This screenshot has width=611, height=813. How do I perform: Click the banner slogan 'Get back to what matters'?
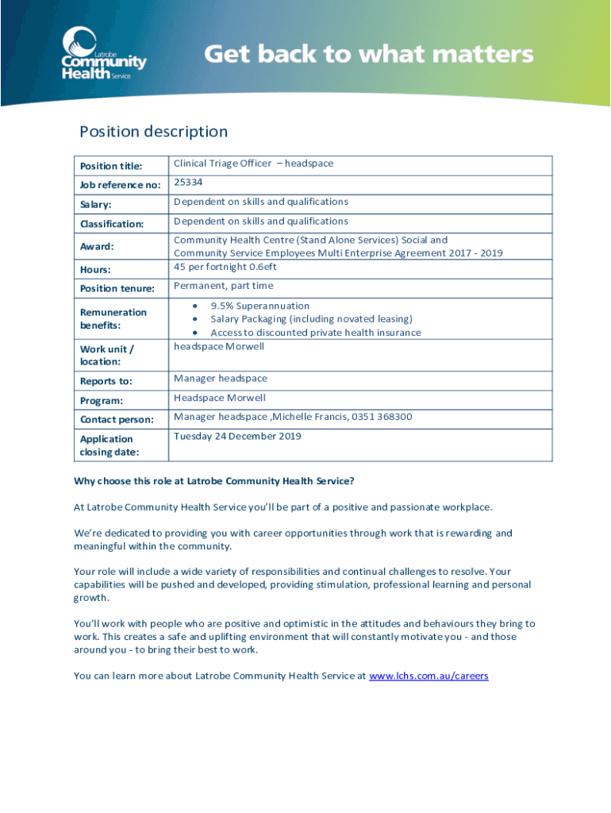point(369,56)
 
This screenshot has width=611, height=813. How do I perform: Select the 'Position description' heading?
point(153,132)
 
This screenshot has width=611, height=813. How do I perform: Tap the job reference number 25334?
point(189,183)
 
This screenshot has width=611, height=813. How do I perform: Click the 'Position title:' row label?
point(110,166)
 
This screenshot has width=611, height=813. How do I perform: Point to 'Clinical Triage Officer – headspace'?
point(253,164)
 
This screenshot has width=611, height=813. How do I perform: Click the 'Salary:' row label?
point(95,205)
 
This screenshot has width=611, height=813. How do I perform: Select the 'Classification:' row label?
point(112,225)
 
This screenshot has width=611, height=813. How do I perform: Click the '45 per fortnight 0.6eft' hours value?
point(225,267)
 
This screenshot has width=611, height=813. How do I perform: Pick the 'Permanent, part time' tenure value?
point(223,286)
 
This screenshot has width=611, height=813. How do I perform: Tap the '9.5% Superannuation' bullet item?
point(259,306)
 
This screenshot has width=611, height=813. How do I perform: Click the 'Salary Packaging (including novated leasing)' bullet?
point(311,319)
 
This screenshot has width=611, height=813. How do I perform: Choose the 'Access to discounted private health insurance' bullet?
point(315,333)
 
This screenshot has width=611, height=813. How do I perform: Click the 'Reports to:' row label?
point(106,381)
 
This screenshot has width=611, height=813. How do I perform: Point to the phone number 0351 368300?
point(382,417)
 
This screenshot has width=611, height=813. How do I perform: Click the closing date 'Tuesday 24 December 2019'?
point(237,436)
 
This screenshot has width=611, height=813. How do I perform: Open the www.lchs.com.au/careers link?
point(428,676)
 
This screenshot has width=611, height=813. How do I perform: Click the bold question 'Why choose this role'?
point(214,481)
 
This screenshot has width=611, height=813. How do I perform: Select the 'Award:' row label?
point(97,247)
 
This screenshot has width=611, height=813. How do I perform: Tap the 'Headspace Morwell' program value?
point(220,398)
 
